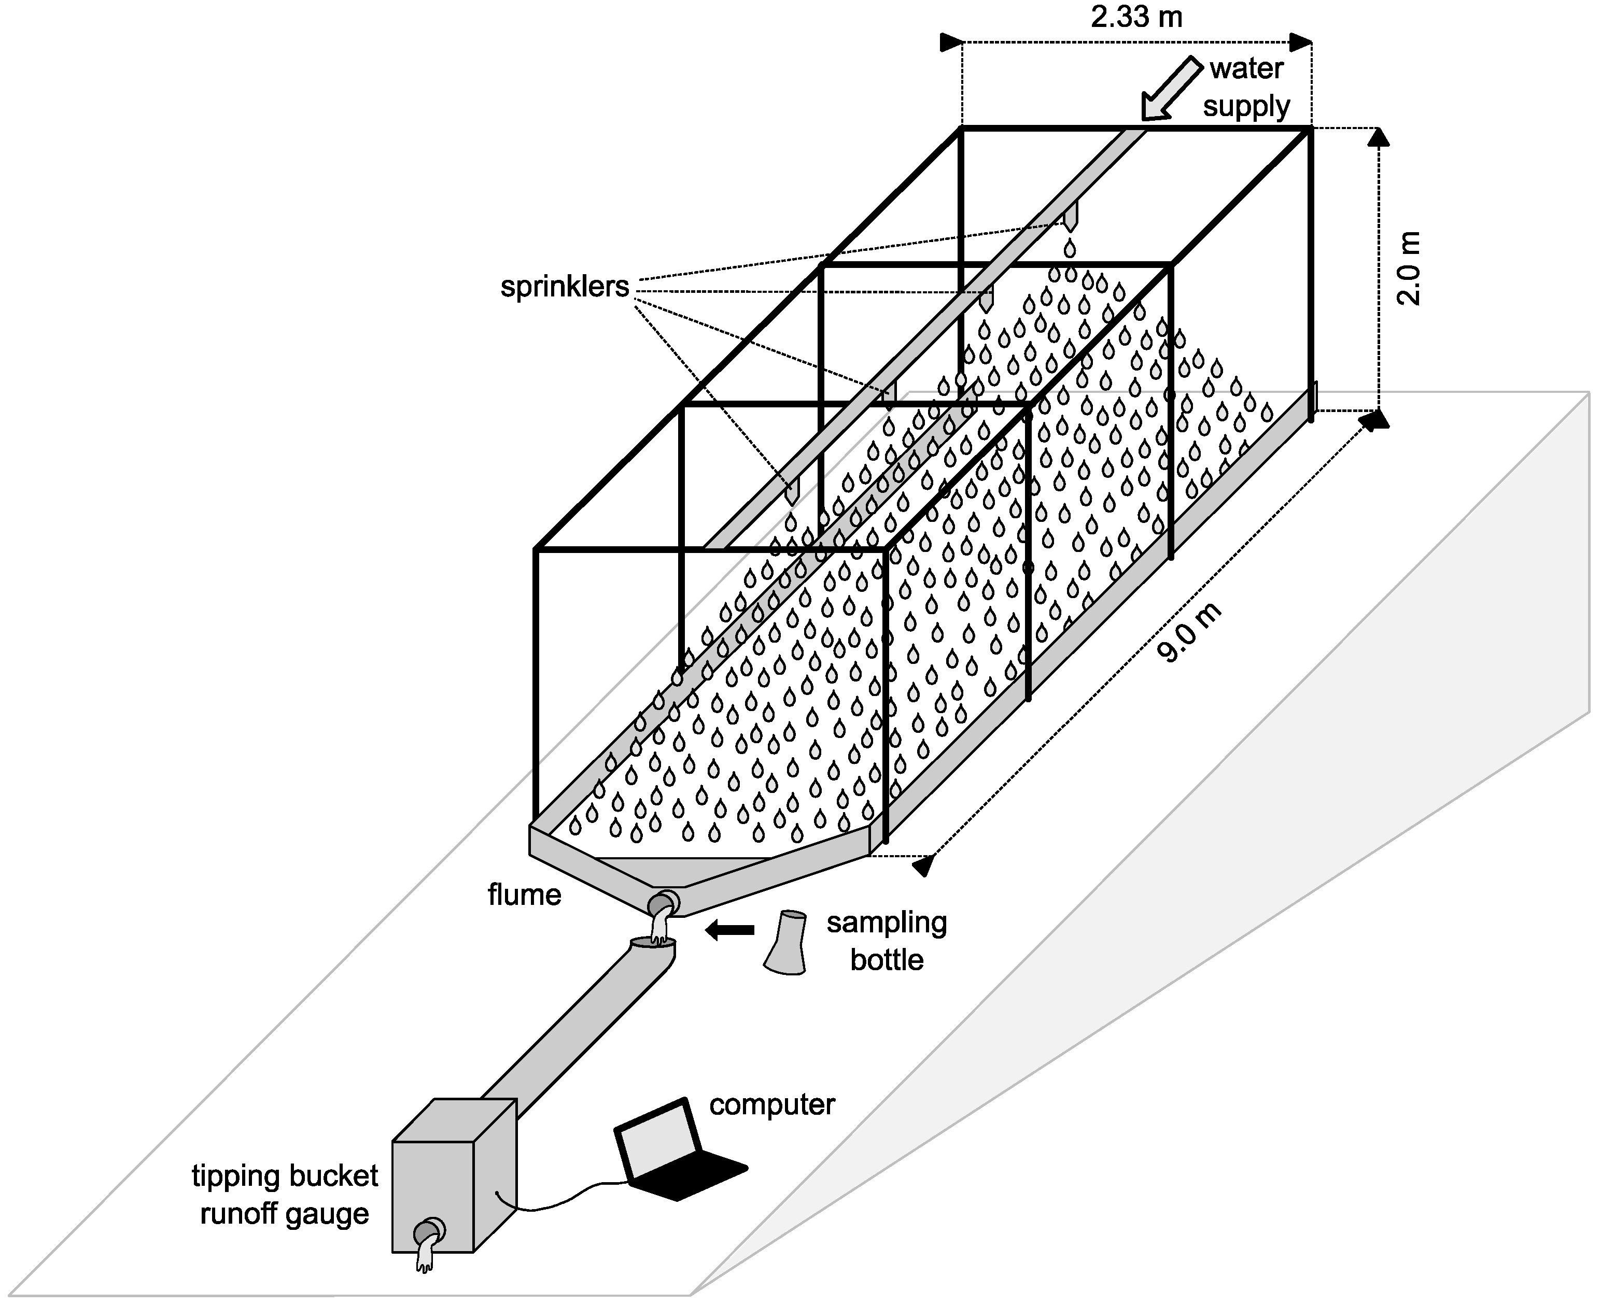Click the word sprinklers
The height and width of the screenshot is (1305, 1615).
pyautogui.click(x=564, y=287)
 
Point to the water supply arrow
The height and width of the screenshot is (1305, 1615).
pyautogui.click(x=1171, y=89)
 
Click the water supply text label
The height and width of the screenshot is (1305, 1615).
pyautogui.click(x=1246, y=87)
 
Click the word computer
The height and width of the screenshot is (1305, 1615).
pyautogui.click(x=771, y=1104)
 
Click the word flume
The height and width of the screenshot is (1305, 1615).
pyautogui.click(x=524, y=895)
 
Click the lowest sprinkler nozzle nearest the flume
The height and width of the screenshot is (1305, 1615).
pyautogui.click(x=792, y=492)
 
